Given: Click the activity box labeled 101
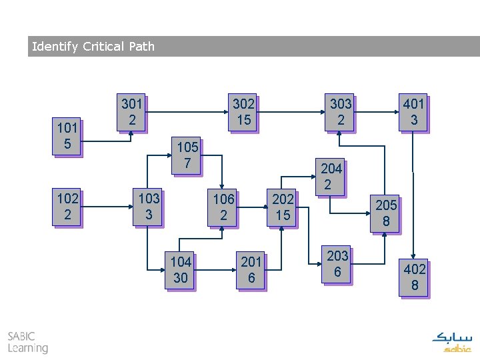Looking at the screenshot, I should [x=67, y=135].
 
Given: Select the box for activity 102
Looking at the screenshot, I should [x=67, y=207].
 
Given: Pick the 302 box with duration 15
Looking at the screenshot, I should [x=243, y=111].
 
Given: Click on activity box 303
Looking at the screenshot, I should [x=341, y=111].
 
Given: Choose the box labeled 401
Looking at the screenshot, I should [x=413, y=111].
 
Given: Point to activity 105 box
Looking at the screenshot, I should [x=186, y=155].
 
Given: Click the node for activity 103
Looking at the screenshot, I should [x=149, y=207].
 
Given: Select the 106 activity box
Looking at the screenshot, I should [x=223, y=207].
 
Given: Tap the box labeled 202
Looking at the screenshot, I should [x=283, y=207].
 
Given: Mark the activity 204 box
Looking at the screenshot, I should [x=331, y=177].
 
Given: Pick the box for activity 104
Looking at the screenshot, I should [x=180, y=270].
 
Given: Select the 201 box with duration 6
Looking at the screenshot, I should [x=251, y=270].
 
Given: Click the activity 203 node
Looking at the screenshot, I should [x=337, y=263].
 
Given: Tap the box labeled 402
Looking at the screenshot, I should [x=415, y=277].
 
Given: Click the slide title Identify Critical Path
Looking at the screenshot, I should [x=93, y=47].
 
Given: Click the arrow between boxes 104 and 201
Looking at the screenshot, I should [x=216, y=270].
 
